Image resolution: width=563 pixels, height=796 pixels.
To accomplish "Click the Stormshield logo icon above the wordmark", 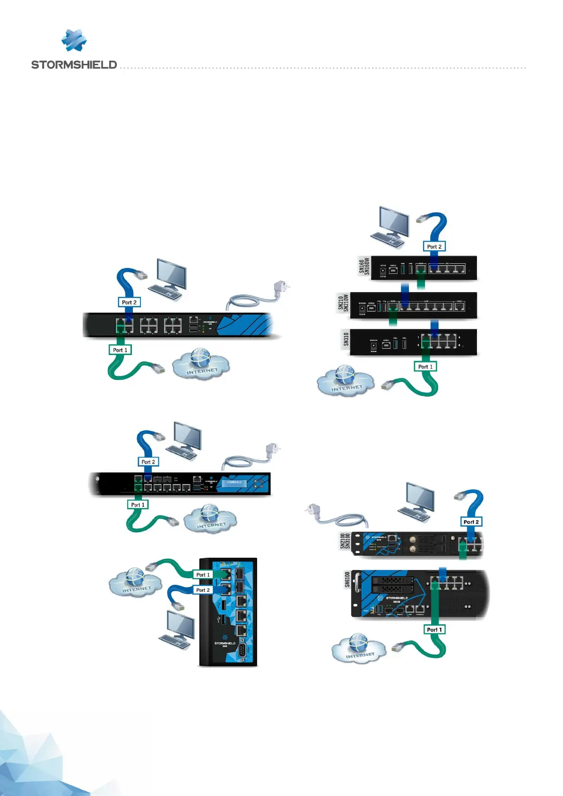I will point(74,40).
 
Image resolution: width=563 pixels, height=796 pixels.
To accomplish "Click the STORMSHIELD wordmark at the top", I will point(74,65).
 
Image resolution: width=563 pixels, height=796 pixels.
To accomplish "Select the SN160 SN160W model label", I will point(364,266).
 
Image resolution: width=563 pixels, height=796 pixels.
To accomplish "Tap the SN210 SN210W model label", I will point(343,303).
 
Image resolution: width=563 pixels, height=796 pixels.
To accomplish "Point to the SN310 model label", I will point(346,339).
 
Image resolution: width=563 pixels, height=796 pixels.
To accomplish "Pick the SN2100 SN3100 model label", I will point(345,541).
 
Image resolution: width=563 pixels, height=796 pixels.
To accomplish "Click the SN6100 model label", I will point(347,580).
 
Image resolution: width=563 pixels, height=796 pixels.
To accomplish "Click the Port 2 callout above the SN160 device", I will point(434,246).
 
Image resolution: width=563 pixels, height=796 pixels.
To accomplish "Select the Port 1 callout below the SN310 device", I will point(425,366).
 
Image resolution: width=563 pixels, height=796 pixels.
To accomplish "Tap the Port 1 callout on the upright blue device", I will point(203,575).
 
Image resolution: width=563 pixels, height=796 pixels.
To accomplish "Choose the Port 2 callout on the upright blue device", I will point(203,590).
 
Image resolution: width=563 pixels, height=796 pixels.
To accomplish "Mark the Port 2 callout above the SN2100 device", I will point(471,522).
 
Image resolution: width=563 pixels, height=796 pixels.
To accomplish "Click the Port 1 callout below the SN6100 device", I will point(434,629).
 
